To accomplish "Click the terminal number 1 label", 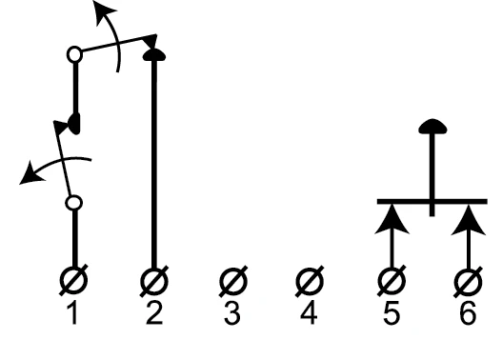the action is tap(73, 313).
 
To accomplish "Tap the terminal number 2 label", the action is tap(154, 313).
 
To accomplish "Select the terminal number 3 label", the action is tap(232, 313).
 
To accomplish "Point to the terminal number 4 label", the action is tap(309, 313).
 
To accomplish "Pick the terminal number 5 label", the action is tap(392, 313).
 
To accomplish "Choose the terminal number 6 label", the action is tap(468, 313).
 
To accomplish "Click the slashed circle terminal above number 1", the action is tap(73, 281).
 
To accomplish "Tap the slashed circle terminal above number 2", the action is tap(154, 281).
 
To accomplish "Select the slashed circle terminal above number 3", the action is tap(233, 281).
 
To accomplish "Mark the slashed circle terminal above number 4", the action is tap(310, 281).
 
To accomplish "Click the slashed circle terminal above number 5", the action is tap(392, 281).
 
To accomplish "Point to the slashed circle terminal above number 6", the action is tap(468, 282).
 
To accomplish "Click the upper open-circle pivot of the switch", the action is tap(74, 54).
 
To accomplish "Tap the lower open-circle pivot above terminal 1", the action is tap(73, 203).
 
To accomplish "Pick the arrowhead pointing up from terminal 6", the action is tap(469, 220).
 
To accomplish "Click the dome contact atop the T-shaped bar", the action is tap(432, 126).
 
